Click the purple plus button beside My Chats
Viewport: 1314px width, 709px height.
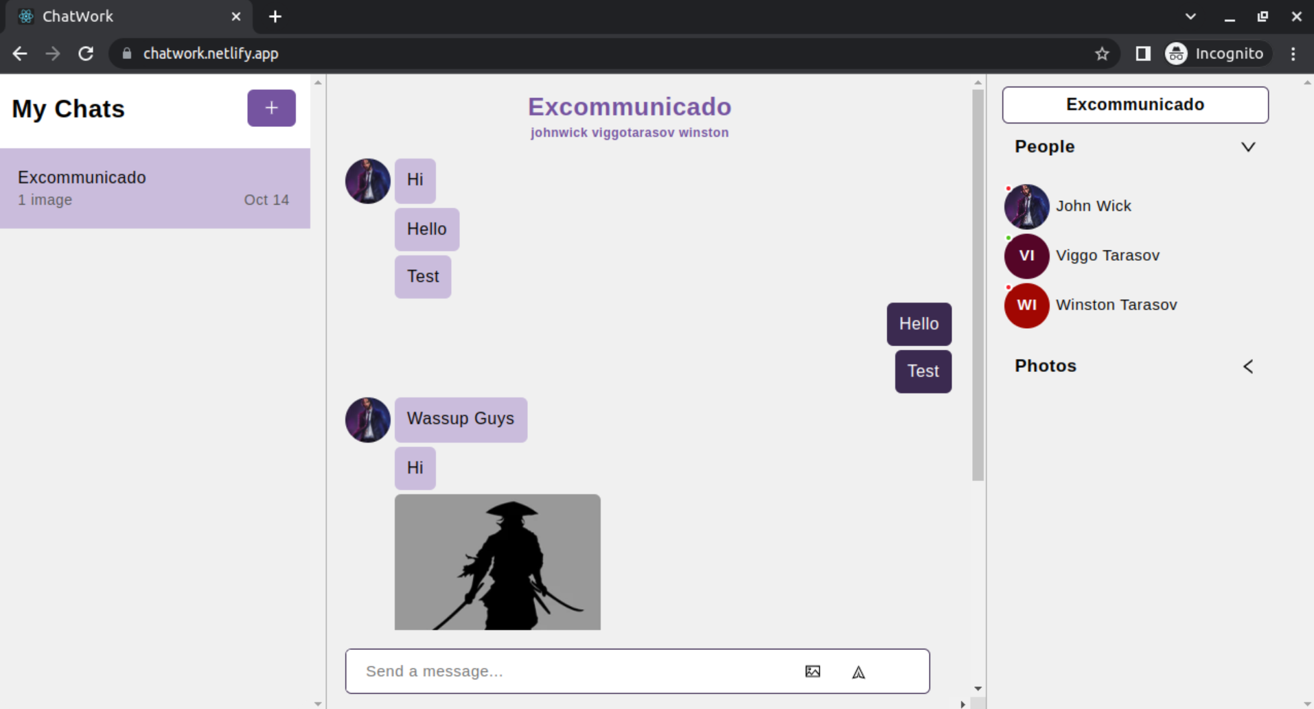pos(271,108)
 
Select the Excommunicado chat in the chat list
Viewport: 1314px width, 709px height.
pos(154,188)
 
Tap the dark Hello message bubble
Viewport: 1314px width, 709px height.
pos(919,324)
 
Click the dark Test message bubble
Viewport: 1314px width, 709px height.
pos(923,371)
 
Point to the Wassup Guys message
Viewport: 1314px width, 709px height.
pos(460,419)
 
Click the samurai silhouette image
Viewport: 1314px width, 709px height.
pos(497,561)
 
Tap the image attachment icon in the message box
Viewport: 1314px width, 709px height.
pos(812,671)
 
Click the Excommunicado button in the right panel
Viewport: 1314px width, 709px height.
pos(1135,105)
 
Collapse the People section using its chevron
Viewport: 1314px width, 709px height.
pos(1248,147)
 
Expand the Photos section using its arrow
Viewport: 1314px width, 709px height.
pos(1248,367)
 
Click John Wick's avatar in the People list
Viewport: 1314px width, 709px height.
pos(1026,207)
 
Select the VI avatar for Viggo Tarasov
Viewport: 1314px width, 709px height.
pos(1026,256)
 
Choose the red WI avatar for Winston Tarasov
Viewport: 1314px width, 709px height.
pos(1026,305)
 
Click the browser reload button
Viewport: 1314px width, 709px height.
pos(86,54)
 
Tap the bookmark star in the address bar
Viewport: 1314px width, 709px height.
pos(1102,54)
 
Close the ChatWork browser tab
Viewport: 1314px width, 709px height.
pos(236,16)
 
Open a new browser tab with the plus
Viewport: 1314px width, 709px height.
pos(275,16)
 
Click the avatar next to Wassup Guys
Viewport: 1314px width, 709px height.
pos(368,419)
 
